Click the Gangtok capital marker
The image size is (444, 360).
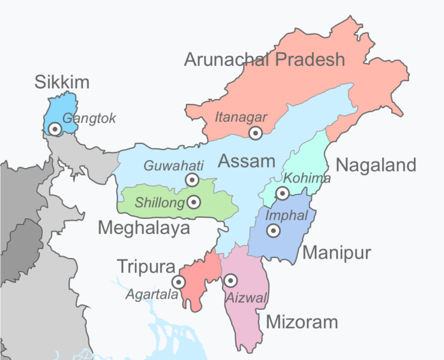click(55, 128)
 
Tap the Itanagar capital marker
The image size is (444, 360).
click(256, 133)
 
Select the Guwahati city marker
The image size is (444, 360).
click(192, 179)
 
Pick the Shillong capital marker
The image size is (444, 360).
click(193, 202)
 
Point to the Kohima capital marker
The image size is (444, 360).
click(282, 193)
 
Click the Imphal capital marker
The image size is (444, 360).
click(273, 230)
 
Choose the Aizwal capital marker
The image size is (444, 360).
click(230, 280)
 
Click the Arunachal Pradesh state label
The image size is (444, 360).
click(265, 59)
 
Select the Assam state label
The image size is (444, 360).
click(246, 161)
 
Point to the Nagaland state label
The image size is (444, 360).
click(376, 165)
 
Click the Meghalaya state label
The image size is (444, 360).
click(144, 228)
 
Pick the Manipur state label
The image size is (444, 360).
click(337, 253)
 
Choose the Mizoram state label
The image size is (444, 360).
click(302, 322)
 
